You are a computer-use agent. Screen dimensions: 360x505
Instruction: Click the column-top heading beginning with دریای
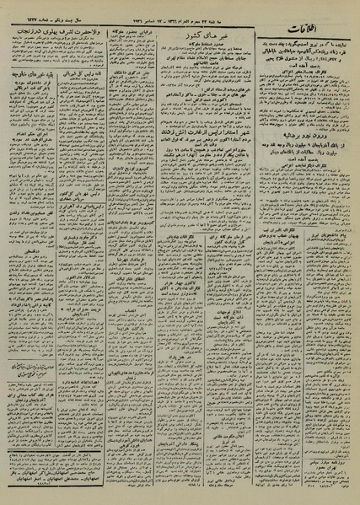coord(141,26)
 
